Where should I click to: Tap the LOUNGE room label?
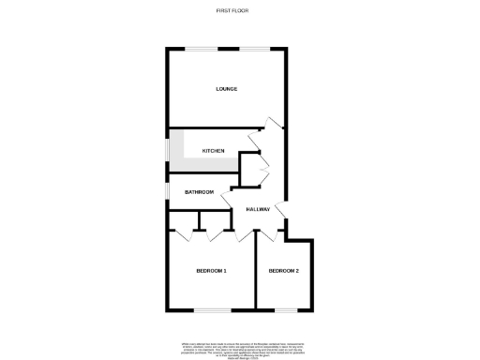coord(226,89)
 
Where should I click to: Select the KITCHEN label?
coord(213,150)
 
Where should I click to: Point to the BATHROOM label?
coord(199,192)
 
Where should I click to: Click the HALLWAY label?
coord(258,209)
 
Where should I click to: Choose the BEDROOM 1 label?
coord(211,271)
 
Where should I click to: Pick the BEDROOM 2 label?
coord(284,271)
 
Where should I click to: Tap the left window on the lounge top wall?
coord(198,49)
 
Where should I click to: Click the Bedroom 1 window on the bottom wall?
coord(211,309)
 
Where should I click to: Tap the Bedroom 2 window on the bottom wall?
coord(284,309)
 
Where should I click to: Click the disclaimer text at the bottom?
coord(239,347)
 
